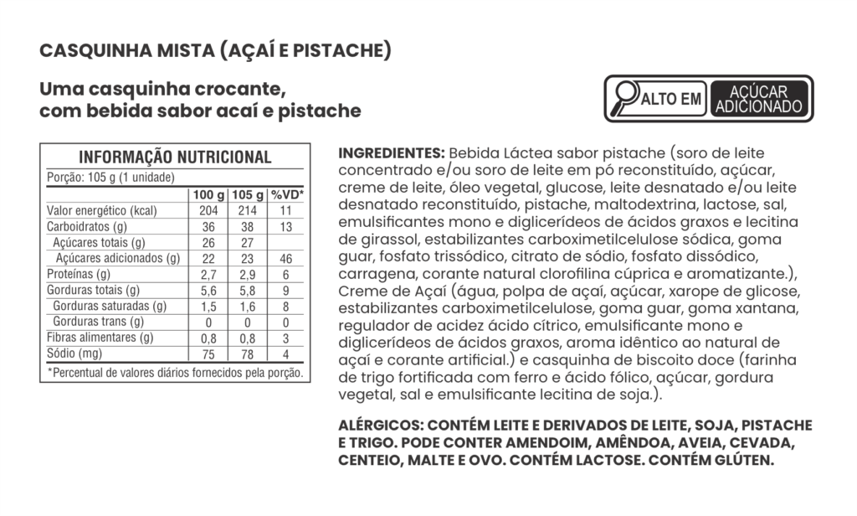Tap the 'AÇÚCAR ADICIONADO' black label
pyautogui.click(x=759, y=99)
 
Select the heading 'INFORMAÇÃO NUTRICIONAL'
pyautogui.click(x=174, y=157)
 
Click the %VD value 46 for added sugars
pyautogui.click(x=286, y=259)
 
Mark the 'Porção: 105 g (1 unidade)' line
pyautogui.click(x=110, y=177)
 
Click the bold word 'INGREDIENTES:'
pyautogui.click(x=391, y=154)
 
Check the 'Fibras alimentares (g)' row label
pyautogui.click(x=100, y=338)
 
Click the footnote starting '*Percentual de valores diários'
pyautogui.click(x=174, y=372)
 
